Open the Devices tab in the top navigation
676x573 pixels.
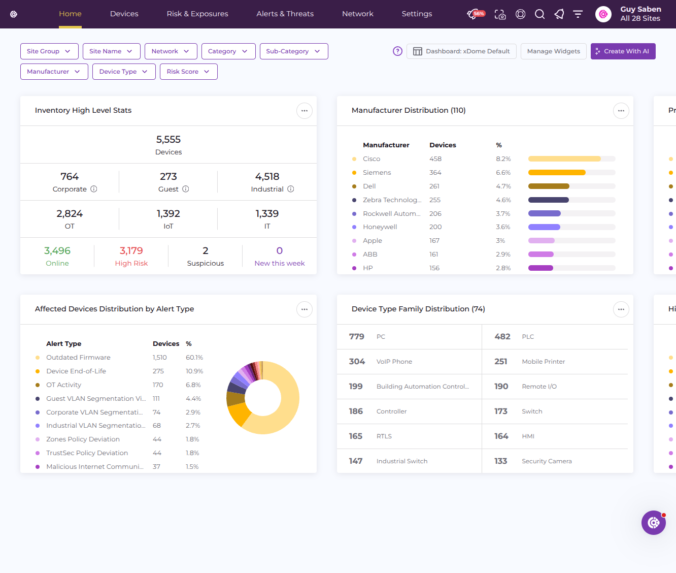(124, 14)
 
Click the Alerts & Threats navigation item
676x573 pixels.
(285, 14)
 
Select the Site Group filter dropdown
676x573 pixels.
(49, 51)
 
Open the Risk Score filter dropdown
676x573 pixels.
(188, 72)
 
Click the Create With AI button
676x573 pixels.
(623, 51)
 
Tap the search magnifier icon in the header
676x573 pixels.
(539, 14)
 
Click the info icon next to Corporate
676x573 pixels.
(94, 189)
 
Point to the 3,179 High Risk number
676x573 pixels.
(131, 251)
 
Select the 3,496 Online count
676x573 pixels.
(57, 251)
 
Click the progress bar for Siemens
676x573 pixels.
(571, 173)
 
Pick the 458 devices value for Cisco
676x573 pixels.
(435, 159)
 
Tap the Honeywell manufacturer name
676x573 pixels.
(380, 227)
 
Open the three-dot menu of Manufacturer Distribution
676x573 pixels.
(621, 111)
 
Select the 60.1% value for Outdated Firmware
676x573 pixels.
(194, 358)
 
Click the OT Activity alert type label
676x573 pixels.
(63, 385)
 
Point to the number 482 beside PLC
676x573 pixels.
(502, 337)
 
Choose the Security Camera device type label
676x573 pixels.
(547, 461)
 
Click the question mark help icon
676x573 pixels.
(397, 51)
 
